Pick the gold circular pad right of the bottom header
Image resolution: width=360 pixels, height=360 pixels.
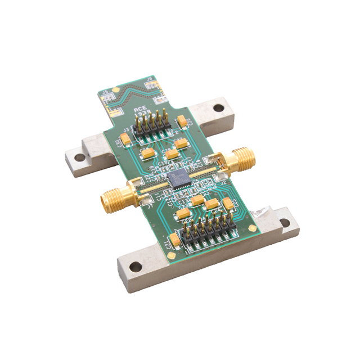(253, 229)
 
